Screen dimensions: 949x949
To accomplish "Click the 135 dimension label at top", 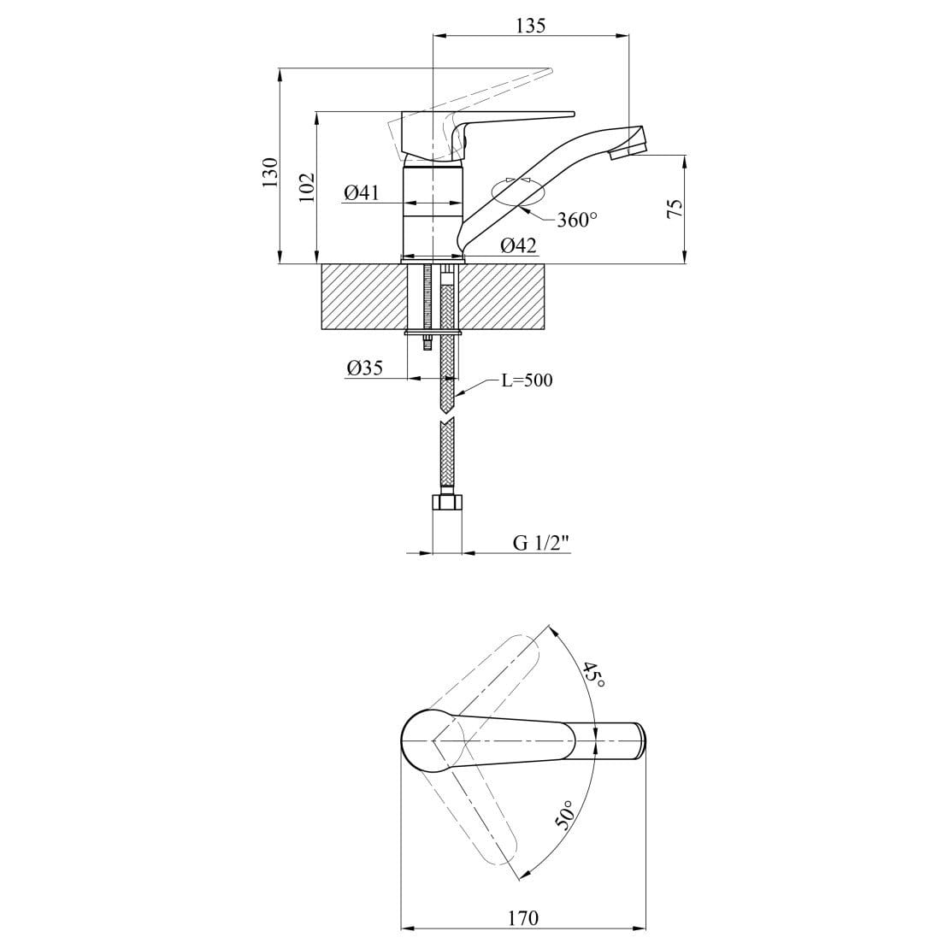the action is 531,26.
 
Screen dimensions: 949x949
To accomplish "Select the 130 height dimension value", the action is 270,172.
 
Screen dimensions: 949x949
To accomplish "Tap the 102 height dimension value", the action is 308,187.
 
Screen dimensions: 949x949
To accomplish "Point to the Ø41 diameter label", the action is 362,193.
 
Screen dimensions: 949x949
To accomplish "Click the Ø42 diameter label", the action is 518,245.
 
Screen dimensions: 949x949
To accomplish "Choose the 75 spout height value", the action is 675,209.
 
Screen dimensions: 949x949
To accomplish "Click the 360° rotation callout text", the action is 577,220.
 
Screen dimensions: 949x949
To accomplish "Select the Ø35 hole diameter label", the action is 365,368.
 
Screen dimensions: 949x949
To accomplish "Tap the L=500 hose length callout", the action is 527,380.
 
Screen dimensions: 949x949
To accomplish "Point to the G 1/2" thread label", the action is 542,543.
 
